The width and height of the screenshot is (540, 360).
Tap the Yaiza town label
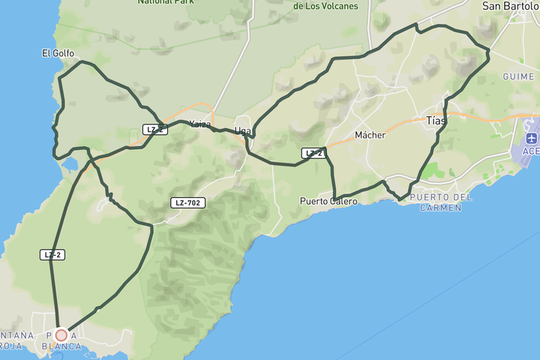[199, 124]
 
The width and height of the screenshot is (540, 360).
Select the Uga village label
[242, 130]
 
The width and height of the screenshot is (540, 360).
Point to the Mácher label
[370, 135]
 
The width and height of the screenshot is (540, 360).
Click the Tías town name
[435, 120]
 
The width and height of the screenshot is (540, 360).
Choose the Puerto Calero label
[328, 201]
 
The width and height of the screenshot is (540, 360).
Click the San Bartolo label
[510, 6]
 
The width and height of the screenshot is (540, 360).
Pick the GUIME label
[518, 76]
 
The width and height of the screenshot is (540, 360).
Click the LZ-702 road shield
[187, 202]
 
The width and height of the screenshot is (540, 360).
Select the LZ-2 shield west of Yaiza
[154, 130]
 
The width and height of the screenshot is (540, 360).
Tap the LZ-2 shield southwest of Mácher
[313, 154]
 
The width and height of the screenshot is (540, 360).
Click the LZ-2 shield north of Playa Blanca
[52, 255]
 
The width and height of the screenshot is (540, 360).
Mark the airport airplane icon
[532, 139]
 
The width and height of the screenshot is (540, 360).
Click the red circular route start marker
[61, 335]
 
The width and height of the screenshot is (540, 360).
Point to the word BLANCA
[61, 346]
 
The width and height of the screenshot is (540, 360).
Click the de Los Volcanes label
[325, 6]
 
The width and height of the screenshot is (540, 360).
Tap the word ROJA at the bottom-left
[10, 346]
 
